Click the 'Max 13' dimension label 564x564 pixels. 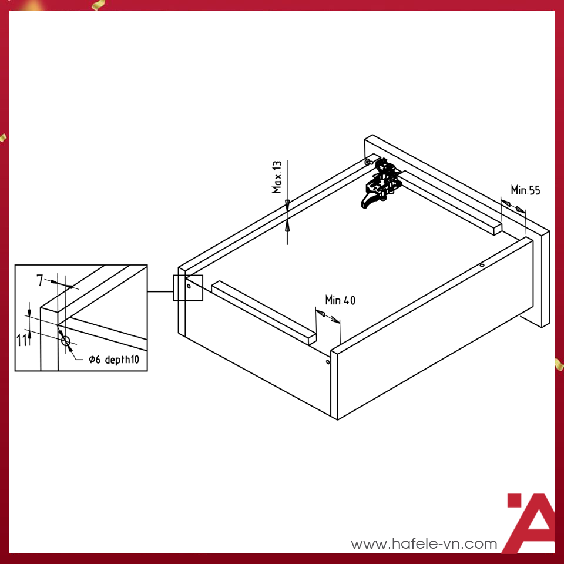click(277, 177)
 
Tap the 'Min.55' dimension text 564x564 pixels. click(525, 190)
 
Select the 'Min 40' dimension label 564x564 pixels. click(340, 300)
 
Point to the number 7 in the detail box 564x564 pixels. click(40, 281)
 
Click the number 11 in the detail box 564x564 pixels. click(21, 340)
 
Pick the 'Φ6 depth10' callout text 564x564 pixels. click(114, 360)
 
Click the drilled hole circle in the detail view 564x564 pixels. click(65, 341)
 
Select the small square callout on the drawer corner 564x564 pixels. click(188, 288)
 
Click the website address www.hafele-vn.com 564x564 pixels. click(424, 544)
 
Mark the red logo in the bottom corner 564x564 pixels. click(529, 523)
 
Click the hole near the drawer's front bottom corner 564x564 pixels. click(328, 362)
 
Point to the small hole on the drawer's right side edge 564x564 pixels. click(482, 265)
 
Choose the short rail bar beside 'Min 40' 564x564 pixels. click(264, 312)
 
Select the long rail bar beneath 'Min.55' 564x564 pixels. click(452, 203)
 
